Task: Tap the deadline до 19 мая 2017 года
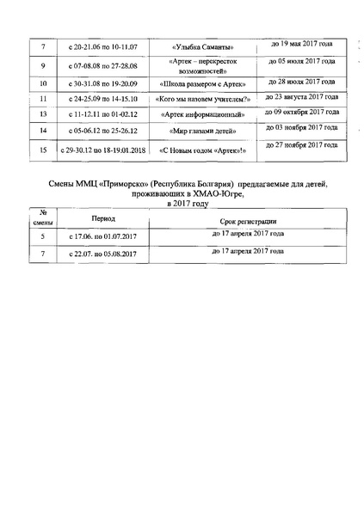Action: point(296,42)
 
